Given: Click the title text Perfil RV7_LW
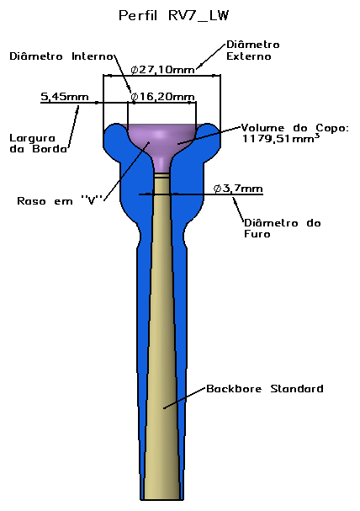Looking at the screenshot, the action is [x=174, y=16].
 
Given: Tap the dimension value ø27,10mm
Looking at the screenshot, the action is [x=162, y=70].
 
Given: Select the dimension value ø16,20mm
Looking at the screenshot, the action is [x=162, y=97].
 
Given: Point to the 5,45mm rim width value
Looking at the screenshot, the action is [x=65, y=97].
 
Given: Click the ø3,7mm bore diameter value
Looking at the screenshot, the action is [x=238, y=189].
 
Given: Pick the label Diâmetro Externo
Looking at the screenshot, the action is [x=253, y=51].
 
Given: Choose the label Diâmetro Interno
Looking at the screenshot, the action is [x=61, y=56].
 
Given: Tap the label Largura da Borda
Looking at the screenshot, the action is [x=39, y=143].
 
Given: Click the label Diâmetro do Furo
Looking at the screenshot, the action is [x=283, y=228].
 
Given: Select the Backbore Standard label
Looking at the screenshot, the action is [x=265, y=389].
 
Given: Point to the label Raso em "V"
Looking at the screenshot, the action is [x=61, y=200].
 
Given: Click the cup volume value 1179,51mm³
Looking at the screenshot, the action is [x=281, y=139].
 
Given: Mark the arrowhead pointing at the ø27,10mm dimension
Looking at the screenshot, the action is [x=199, y=67].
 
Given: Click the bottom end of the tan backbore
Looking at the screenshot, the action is [x=161, y=498].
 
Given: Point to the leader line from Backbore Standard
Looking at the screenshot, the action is [x=185, y=398].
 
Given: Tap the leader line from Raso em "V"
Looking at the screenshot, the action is [x=126, y=171].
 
